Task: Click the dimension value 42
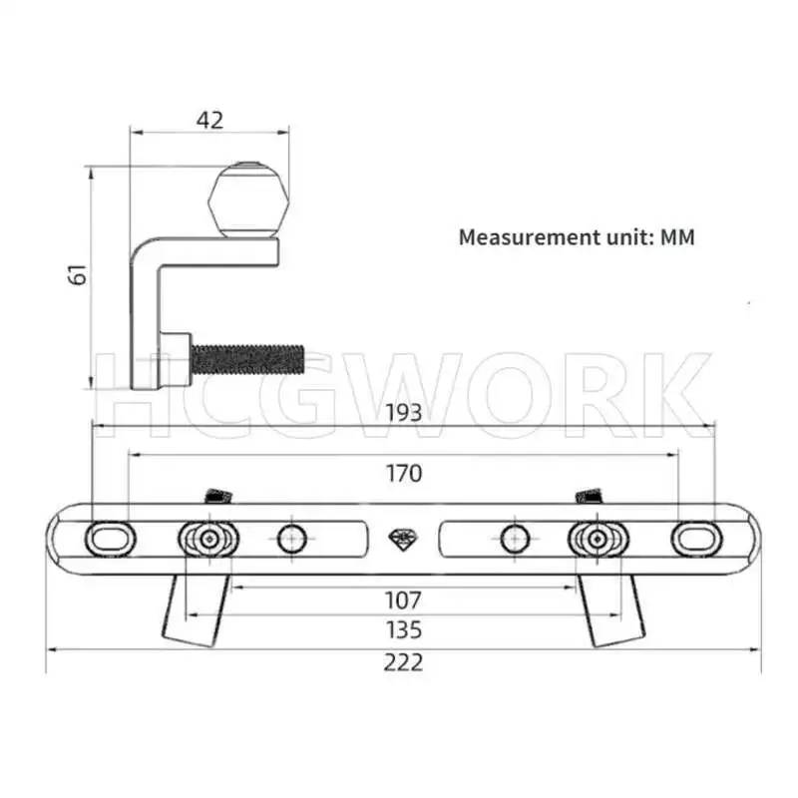(209, 121)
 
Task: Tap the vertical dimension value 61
(78, 274)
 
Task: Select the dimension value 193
(404, 413)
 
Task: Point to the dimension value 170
(404, 473)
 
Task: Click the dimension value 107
(403, 600)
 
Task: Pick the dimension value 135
(404, 630)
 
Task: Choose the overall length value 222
(403, 662)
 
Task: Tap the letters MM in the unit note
(677, 237)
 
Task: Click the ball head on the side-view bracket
(248, 200)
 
